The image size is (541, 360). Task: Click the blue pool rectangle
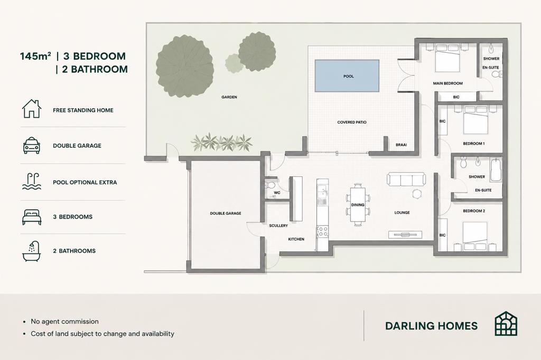347,76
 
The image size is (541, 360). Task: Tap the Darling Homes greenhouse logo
506,324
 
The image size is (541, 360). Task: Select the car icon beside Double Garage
32,146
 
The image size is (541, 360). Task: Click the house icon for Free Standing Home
32,109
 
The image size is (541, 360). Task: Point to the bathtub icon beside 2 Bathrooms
32,251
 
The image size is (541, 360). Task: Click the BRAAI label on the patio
402,145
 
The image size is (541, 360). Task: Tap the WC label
277,193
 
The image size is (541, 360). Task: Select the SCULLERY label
278,225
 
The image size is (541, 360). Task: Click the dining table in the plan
358,204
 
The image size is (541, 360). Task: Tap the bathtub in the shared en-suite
496,169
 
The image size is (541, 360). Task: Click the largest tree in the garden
185,67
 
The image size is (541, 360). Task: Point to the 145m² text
36,56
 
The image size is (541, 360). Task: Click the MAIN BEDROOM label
448,83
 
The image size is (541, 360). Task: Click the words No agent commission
65,321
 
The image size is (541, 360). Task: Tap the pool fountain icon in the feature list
32,182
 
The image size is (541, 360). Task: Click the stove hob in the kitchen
323,231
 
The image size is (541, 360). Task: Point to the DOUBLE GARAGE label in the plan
226,213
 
